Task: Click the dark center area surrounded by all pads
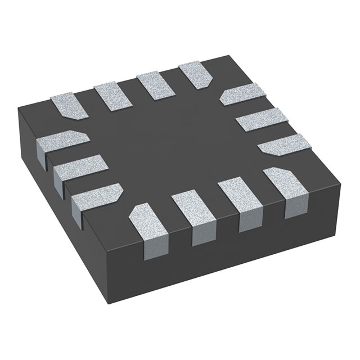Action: tap(169, 141)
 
